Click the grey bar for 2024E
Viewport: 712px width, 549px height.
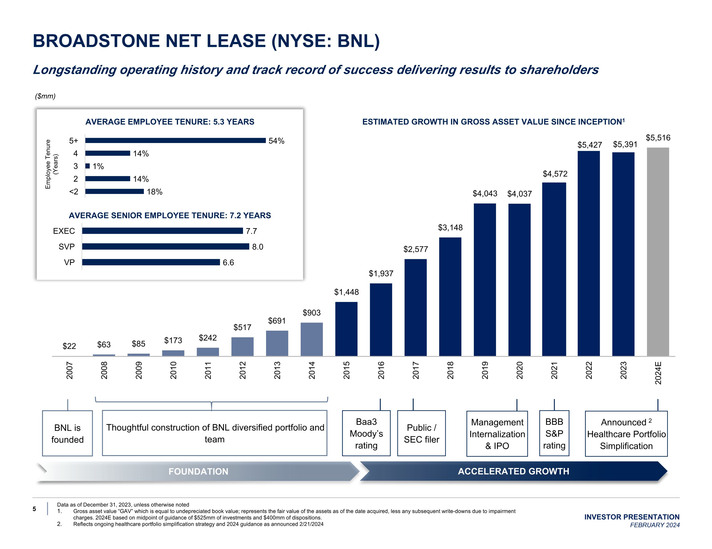point(658,252)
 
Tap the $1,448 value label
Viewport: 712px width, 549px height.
point(346,292)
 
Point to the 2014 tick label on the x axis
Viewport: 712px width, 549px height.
point(312,370)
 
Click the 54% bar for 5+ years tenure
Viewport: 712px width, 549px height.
point(175,140)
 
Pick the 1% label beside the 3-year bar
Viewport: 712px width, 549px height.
point(98,166)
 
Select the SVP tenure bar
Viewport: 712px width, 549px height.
point(165,247)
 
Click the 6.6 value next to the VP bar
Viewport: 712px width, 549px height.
point(228,263)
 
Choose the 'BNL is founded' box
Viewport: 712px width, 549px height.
point(67,433)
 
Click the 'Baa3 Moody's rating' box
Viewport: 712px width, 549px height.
point(366,433)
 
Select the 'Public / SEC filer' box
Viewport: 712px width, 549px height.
point(421,433)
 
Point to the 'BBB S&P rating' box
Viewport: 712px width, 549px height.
point(554,433)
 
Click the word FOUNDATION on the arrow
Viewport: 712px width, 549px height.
point(198,471)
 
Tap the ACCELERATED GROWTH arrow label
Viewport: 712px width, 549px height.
point(513,471)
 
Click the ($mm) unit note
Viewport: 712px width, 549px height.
point(45,96)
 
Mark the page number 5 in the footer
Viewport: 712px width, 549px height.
point(34,509)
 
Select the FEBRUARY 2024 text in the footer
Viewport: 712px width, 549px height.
point(655,525)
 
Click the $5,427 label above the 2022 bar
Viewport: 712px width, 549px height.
point(590,145)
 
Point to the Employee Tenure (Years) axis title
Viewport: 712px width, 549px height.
point(52,164)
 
